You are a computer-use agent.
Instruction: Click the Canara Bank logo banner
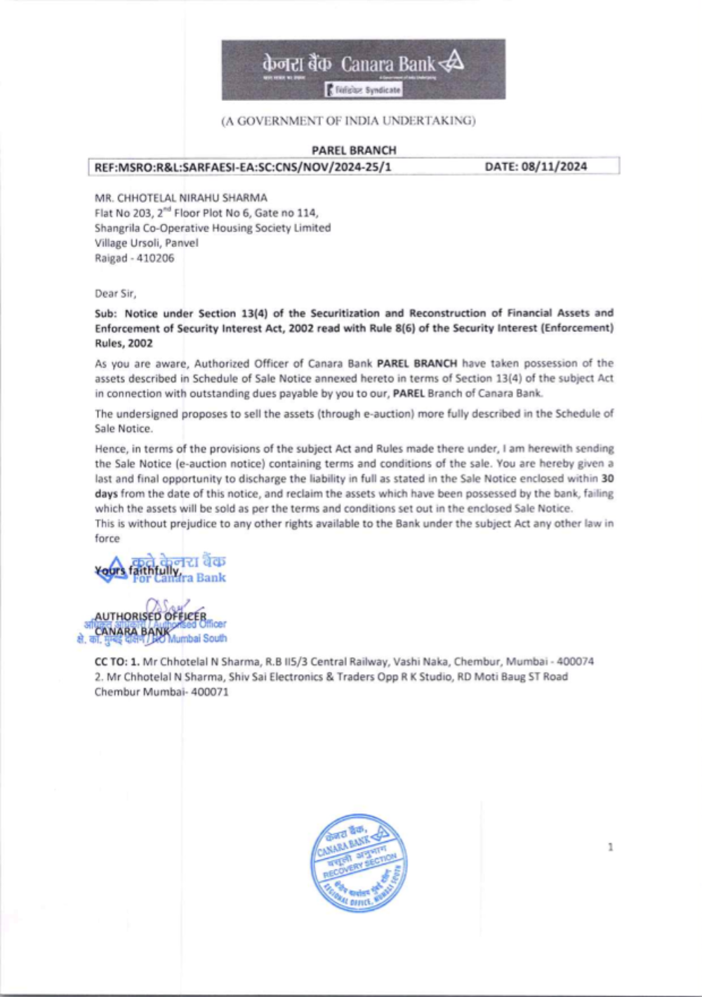(363, 69)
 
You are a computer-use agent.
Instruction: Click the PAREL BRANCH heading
(354, 150)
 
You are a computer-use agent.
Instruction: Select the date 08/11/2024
(536, 166)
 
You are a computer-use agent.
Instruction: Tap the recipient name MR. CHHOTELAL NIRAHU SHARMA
(180, 198)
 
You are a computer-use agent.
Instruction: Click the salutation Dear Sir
(115, 293)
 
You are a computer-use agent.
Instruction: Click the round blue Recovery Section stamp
(359, 863)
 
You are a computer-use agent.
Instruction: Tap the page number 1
(610, 848)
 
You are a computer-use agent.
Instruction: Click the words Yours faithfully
(138, 570)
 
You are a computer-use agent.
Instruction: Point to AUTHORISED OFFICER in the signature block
(150, 617)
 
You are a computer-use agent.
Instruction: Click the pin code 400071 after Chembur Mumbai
(209, 692)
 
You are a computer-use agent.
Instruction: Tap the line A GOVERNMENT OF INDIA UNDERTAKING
(349, 121)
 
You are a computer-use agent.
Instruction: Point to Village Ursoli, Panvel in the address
(146, 243)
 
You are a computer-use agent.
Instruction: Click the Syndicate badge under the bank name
(363, 91)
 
